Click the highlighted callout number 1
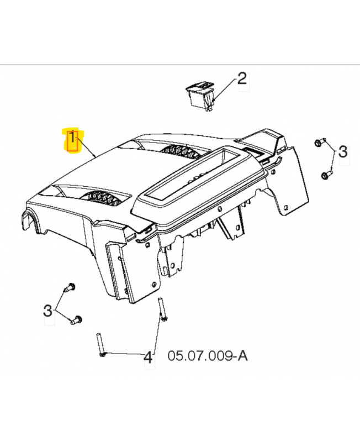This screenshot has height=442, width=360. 72,138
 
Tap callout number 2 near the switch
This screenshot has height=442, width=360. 242,78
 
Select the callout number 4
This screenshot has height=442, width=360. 148,357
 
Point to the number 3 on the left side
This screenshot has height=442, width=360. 47,311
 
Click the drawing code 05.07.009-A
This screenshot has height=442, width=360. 208,356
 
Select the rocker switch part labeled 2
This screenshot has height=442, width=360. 200,96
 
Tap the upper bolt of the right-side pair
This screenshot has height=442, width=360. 320,142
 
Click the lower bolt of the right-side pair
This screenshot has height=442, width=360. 327,175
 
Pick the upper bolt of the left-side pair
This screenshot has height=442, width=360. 69,287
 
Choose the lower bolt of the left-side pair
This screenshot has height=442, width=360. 76,320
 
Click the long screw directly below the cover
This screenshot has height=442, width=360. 162,309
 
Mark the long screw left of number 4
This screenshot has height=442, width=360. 101,345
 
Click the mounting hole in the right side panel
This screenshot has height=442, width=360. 285,208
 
